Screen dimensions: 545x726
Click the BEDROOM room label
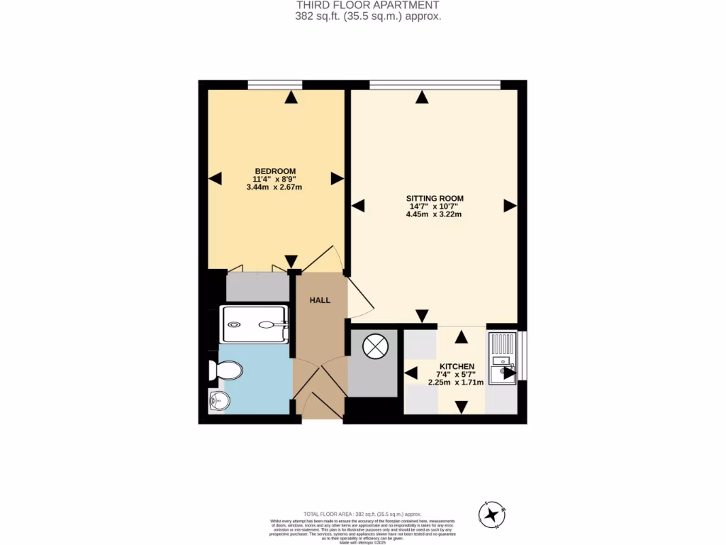[x=275, y=171]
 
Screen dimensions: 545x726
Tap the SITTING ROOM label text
[x=435, y=198]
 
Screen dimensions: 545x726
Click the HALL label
[x=320, y=301]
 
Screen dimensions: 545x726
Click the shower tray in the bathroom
[x=255, y=324]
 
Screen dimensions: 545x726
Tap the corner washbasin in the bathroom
[x=218, y=402]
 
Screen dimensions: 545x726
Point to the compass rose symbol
[x=493, y=515]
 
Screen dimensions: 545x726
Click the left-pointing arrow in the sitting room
[x=358, y=206]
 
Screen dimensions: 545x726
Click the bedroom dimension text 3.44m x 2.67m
[x=274, y=188]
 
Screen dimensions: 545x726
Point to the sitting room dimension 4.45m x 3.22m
[x=434, y=214]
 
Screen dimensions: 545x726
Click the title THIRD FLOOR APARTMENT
[x=362, y=6]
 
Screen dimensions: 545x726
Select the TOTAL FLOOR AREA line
[x=362, y=513]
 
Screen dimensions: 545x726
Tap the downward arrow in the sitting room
[x=423, y=316]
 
